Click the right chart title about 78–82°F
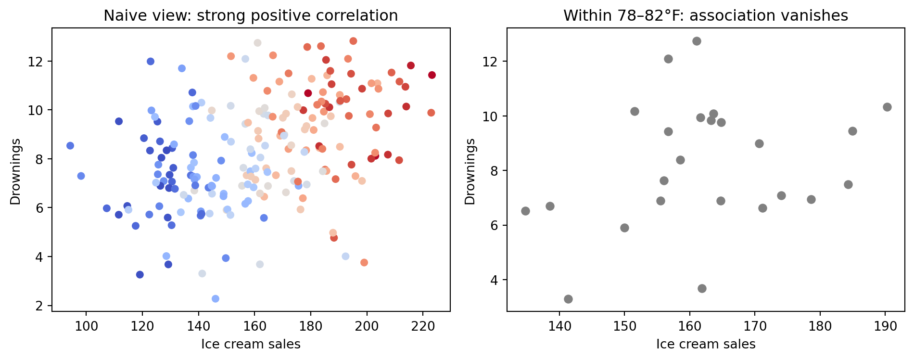point(706,16)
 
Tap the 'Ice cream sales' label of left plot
point(251,344)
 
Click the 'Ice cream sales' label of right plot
point(706,344)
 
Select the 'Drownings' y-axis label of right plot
point(470,171)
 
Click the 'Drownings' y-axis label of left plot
point(15,171)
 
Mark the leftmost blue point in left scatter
point(70,146)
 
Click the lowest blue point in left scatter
point(216,299)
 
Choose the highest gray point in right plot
point(697,41)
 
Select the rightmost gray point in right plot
point(887,107)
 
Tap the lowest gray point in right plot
point(568,299)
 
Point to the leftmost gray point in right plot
point(525,211)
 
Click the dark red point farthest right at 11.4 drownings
point(432,75)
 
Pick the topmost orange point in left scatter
point(353,41)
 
